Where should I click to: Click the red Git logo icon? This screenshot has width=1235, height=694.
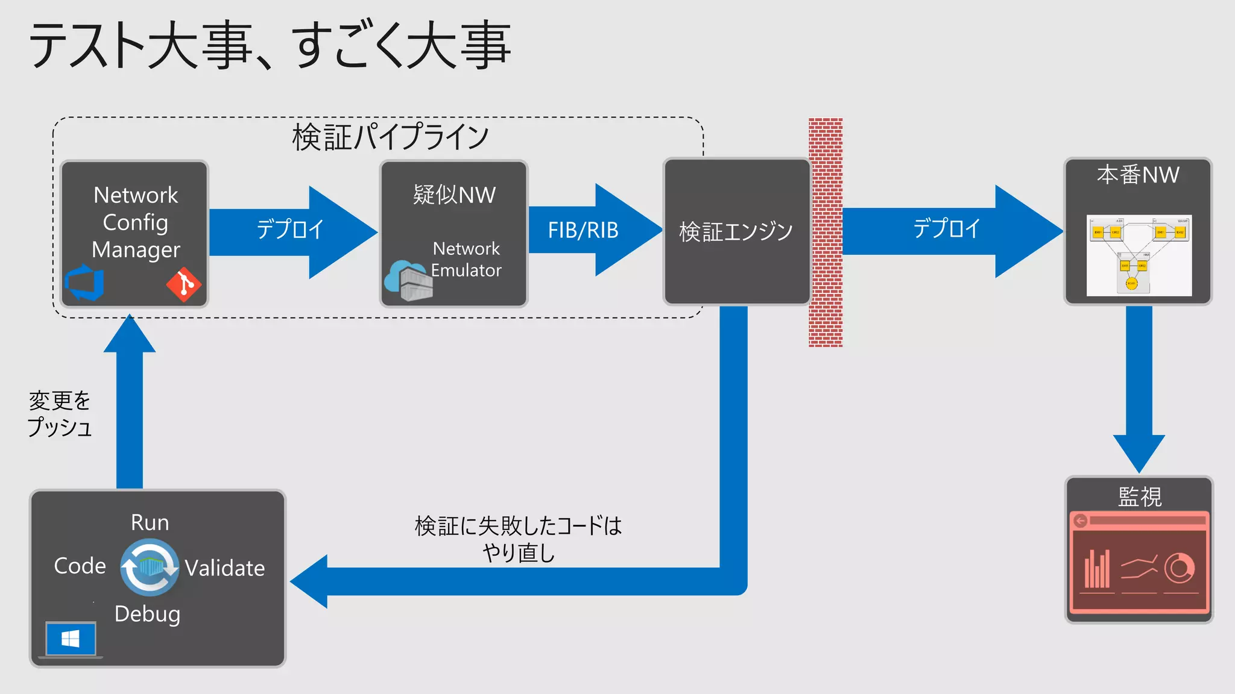point(183,284)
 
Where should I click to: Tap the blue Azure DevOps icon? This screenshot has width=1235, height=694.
point(84,283)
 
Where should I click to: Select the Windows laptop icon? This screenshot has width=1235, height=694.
point(71,640)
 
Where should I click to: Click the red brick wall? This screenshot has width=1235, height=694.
point(825,232)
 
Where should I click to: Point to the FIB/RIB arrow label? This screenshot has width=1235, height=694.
point(583,230)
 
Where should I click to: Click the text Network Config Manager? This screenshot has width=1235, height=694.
point(136,222)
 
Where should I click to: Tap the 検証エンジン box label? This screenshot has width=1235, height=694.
point(736,231)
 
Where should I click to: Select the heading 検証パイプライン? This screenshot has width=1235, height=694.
point(390,137)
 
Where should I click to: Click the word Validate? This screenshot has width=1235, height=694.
point(224,568)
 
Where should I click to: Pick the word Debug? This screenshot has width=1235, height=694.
point(147,614)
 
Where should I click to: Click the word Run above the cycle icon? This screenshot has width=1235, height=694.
point(150,522)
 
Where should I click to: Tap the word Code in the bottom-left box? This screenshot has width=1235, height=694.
point(80,566)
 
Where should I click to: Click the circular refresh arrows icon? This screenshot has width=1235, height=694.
point(149,567)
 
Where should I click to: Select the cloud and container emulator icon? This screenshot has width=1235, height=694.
point(408,280)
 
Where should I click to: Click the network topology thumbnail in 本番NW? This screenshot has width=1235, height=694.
point(1139,255)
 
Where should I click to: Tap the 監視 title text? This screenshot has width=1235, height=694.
point(1139,496)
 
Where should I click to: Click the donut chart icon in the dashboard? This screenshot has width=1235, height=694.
point(1179,567)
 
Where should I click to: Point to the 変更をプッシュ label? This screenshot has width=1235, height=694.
point(60,413)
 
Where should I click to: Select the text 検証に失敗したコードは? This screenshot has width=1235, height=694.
point(518,526)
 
